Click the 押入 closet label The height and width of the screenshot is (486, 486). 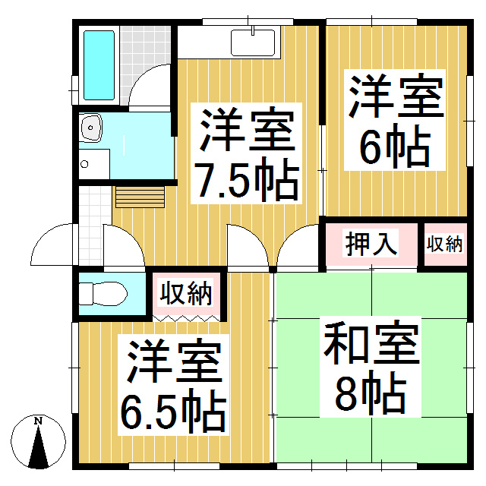click(371, 245)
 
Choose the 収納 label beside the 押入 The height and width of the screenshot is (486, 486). click(444, 245)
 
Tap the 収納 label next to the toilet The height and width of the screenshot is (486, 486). click(186, 292)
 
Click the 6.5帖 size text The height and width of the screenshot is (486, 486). click(174, 411)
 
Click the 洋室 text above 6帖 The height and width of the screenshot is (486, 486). click(395, 95)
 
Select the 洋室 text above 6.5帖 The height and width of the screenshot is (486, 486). click(174, 364)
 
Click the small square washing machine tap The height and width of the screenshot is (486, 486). click(84, 163)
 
